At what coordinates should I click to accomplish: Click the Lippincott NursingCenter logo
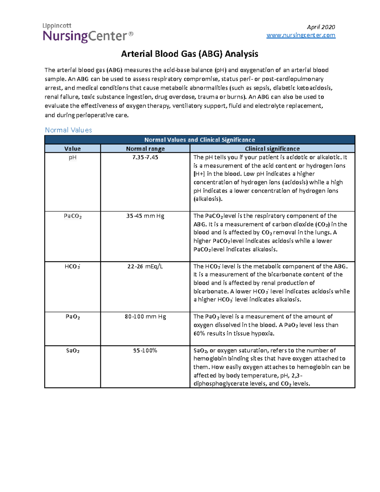88,33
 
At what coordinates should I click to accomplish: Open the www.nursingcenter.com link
301,35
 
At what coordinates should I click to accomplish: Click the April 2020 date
321,27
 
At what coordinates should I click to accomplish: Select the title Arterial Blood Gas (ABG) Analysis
189,54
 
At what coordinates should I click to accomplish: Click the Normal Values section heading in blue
68,130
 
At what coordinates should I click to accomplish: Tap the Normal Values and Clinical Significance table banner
199,140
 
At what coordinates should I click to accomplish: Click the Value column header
73,149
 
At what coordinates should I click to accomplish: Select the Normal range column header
145,149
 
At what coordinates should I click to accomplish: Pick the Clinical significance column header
272,149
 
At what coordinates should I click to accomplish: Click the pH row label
73,157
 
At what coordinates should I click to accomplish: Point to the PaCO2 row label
73,216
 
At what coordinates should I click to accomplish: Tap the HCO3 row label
72,266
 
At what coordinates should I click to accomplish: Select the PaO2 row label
73,317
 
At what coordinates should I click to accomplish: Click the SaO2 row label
73,351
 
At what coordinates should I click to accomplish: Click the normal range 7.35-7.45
145,157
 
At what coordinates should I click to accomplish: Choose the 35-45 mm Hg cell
145,216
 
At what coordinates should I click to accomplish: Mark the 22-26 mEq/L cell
145,266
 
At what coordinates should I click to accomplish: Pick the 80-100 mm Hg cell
145,317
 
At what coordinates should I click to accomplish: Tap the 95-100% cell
145,351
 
